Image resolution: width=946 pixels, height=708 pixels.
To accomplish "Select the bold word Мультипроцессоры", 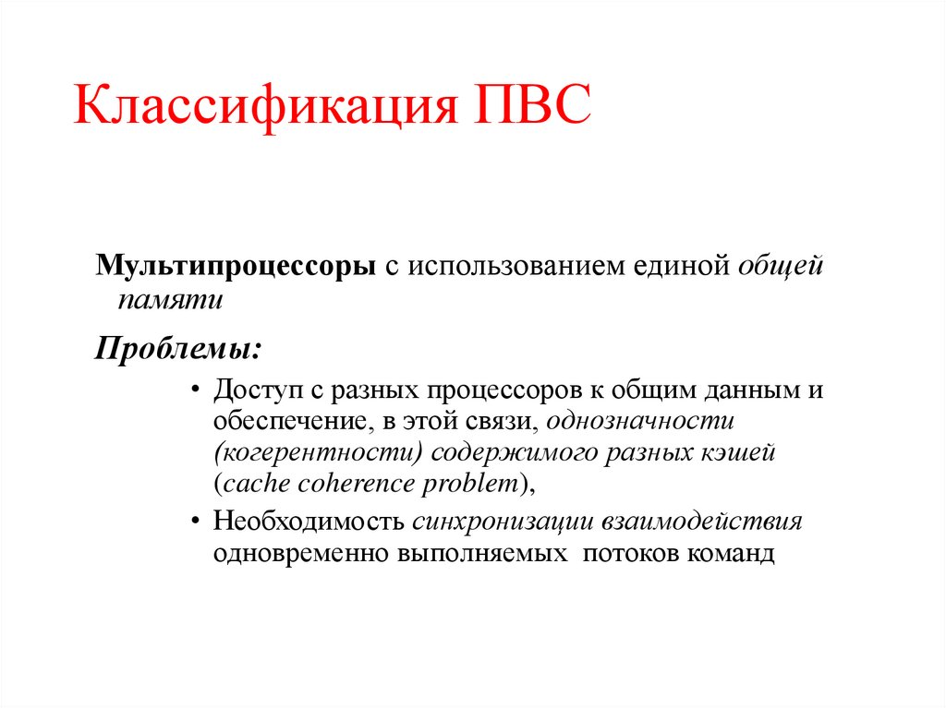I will [x=236, y=266].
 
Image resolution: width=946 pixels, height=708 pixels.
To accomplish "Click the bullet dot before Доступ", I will [x=195, y=390].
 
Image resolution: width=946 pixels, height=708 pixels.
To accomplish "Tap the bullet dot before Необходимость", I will [x=195, y=522].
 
